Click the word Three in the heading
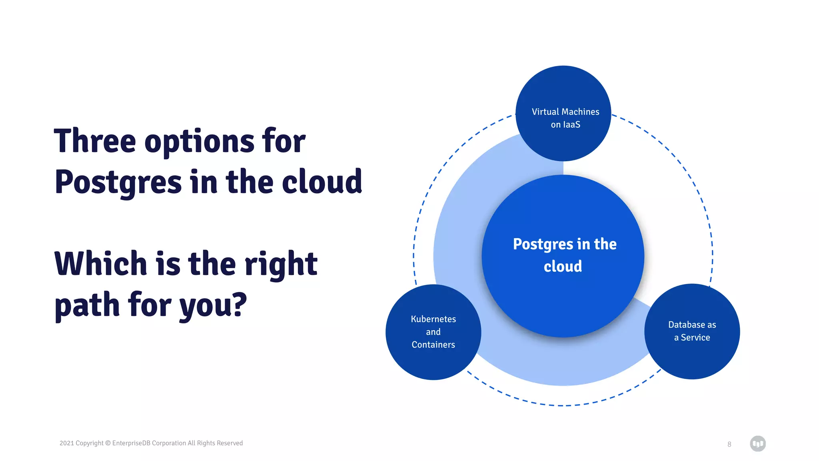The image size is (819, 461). click(x=95, y=141)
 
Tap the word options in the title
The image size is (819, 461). click(x=199, y=143)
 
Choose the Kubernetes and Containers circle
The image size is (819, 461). click(x=433, y=360)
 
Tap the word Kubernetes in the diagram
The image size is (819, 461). click(x=433, y=319)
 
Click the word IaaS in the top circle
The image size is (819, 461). click(x=571, y=125)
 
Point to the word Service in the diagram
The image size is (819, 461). click(x=695, y=338)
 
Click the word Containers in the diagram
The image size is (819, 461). click(x=433, y=345)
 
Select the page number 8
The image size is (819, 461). click(x=729, y=444)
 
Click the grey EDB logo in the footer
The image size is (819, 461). click(x=757, y=443)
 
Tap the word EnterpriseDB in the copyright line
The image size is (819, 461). click(x=131, y=443)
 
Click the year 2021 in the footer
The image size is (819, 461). click(x=66, y=443)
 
